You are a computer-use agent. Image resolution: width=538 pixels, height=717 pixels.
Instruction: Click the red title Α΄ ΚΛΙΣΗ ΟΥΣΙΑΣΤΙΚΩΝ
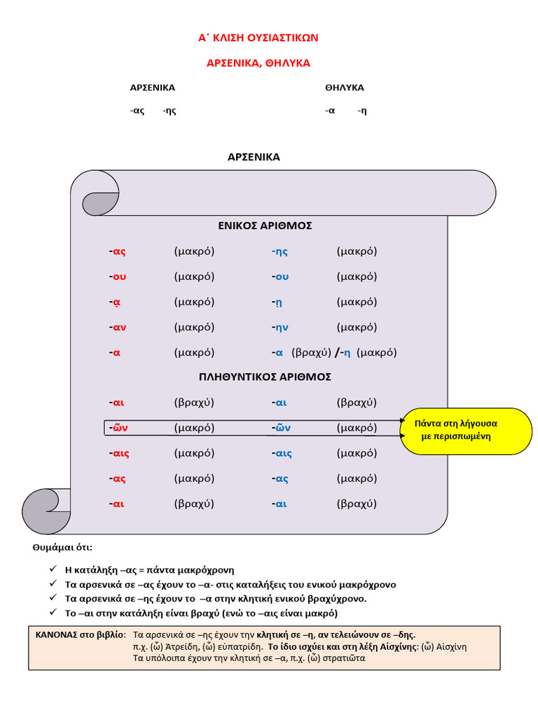click(x=258, y=38)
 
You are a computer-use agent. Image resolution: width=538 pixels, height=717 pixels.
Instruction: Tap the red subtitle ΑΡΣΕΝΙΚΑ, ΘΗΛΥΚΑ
click(x=258, y=63)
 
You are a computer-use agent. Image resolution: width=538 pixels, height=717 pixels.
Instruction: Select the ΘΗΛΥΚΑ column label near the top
click(x=345, y=88)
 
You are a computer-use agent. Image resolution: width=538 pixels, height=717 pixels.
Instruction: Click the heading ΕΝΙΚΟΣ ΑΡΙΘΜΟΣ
click(x=265, y=226)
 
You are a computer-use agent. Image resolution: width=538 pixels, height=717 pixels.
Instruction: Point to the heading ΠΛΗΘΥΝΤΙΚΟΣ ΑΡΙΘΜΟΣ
click(x=265, y=377)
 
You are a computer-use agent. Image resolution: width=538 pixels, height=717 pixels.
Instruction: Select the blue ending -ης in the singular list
click(x=280, y=251)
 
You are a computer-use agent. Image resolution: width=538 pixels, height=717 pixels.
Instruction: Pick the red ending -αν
click(x=118, y=327)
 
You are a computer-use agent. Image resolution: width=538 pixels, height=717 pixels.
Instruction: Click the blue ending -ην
click(x=281, y=327)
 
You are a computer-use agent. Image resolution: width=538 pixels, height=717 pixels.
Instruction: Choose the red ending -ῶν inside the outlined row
click(x=118, y=428)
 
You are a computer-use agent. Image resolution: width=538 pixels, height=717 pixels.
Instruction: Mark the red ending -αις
click(x=119, y=453)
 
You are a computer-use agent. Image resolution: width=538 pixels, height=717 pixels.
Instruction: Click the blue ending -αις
click(x=282, y=453)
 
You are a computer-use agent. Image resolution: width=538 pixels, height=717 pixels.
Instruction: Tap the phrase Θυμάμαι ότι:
click(x=62, y=547)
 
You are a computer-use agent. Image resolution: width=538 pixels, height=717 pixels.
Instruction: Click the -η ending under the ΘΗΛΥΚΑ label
click(x=361, y=111)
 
